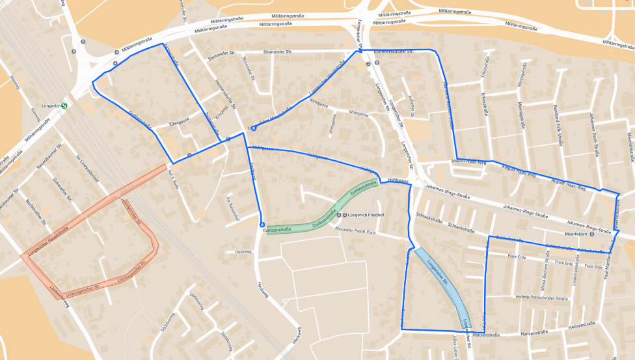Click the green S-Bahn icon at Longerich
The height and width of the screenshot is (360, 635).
point(64,105)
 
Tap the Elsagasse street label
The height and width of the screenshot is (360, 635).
point(179,122)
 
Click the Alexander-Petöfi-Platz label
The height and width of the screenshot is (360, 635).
point(355,230)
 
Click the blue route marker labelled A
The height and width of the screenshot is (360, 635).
point(262,225)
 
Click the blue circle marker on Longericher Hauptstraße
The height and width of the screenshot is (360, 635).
point(254,128)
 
